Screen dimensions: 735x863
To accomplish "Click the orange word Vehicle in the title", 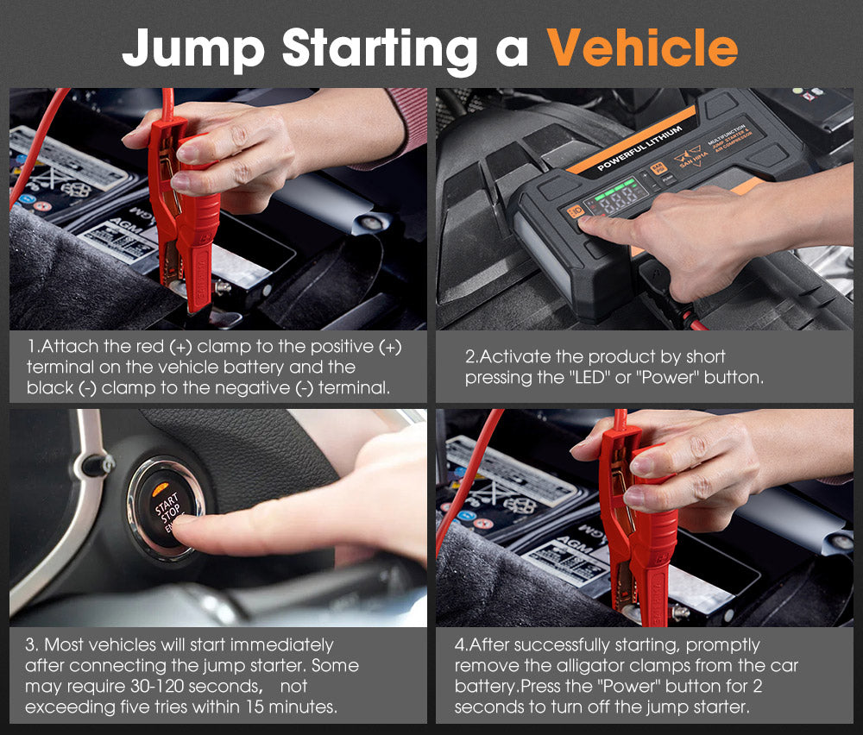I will click(643, 47).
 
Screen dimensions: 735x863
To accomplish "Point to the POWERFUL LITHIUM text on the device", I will click(639, 149).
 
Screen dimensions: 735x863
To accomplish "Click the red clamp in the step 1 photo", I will click(186, 216).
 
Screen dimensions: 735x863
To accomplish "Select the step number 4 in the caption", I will click(459, 645).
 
